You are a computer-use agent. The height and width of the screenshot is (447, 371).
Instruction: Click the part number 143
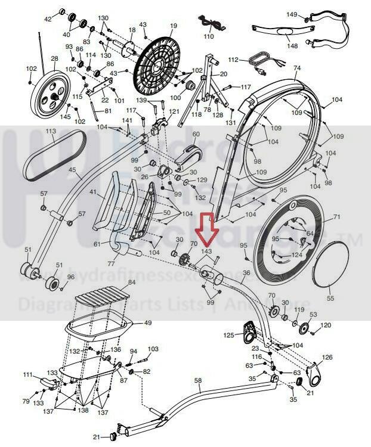tap(208, 252)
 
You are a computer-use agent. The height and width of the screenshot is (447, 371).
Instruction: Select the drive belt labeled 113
tap(54, 156)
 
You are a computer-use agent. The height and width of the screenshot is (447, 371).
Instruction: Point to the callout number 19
tap(174, 26)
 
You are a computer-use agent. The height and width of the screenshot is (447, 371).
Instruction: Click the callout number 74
tap(297, 69)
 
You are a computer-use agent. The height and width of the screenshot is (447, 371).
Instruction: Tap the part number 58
tap(198, 380)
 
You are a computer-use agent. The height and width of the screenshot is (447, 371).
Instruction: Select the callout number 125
tap(228, 336)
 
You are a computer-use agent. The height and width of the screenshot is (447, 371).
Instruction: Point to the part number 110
tap(209, 36)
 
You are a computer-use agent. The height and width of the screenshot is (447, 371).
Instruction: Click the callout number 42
tap(48, 19)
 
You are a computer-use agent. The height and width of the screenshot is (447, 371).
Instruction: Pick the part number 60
tap(196, 134)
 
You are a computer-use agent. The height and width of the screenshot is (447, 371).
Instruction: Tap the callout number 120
tap(326, 325)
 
